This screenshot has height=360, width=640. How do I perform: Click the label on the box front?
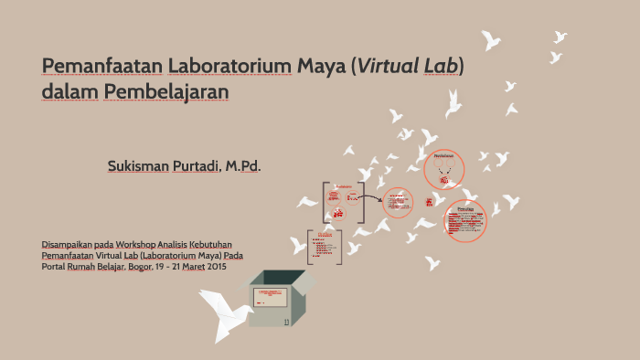[x=270, y=298]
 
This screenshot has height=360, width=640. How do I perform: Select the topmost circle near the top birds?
[x=445, y=169]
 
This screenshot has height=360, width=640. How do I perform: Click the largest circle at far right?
[x=465, y=221]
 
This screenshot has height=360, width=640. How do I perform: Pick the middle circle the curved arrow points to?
[x=397, y=204]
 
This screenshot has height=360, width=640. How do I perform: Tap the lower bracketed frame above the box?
[x=324, y=247]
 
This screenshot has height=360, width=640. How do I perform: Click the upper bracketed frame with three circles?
[x=339, y=202]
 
